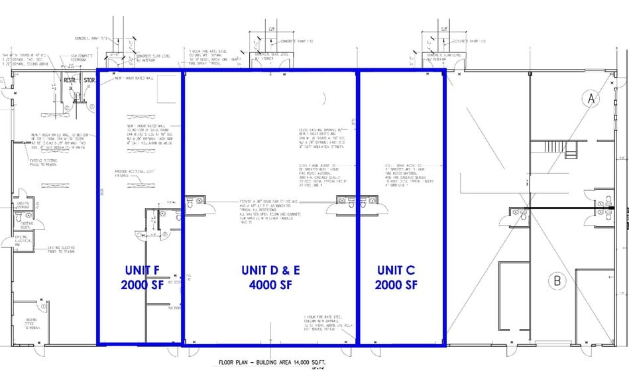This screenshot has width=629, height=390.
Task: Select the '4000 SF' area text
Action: click(x=269, y=285)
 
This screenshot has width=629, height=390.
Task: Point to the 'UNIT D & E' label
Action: click(x=269, y=270)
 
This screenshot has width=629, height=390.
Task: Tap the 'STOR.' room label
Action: click(x=91, y=81)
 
